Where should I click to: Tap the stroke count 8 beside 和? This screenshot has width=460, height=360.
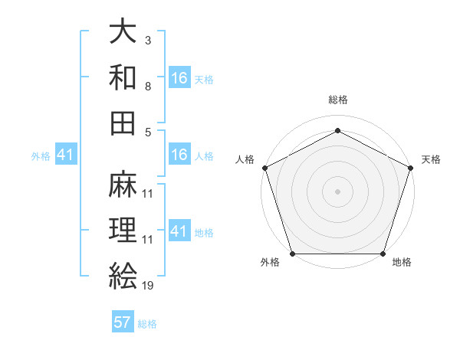[148, 86]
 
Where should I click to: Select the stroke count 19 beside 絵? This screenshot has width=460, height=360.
[148, 285]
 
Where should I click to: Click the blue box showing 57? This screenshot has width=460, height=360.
[123, 322]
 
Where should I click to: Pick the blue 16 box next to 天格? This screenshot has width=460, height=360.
[179, 78]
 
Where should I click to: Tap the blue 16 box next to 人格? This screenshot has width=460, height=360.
[179, 155]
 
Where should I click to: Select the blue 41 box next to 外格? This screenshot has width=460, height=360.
[65, 155]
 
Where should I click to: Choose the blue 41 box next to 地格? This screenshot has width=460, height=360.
[179, 231]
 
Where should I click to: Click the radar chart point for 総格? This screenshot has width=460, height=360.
[337, 130]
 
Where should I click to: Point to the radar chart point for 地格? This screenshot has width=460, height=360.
[383, 254]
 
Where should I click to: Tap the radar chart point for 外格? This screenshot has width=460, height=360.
[292, 254]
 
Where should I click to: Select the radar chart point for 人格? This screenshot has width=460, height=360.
[264, 168]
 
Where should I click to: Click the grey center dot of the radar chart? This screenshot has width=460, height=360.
[337, 191]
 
